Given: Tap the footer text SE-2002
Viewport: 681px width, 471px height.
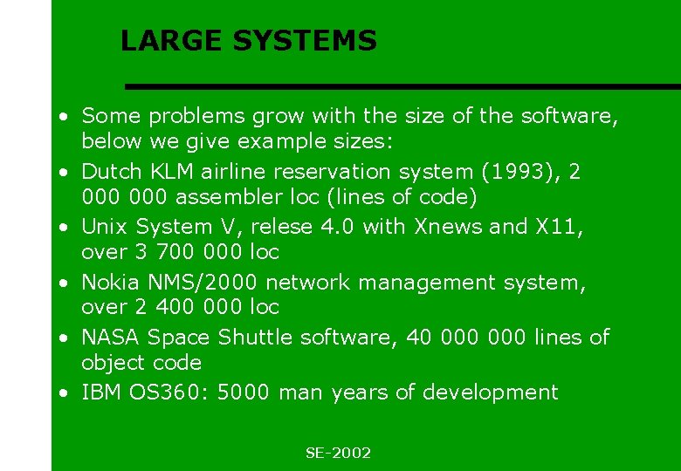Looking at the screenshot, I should coord(338,453).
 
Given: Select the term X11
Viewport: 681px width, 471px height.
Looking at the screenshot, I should coord(557,227).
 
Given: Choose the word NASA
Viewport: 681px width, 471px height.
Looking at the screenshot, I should coord(111,337).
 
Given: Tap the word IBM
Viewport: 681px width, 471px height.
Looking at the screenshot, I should coord(100,392).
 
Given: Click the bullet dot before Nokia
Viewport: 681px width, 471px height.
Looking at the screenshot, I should coord(65,283).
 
